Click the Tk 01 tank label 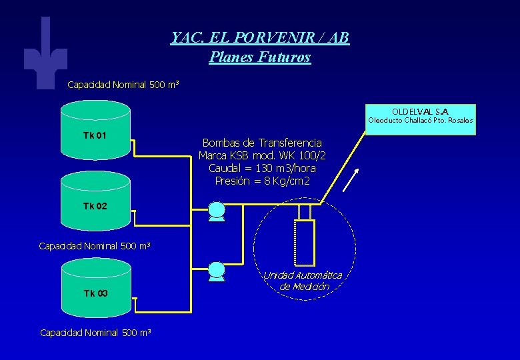pos(95,136)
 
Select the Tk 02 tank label pos(95,206)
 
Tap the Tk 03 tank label pos(95,293)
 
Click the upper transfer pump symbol pos(217,211)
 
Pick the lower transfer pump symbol pos(217,271)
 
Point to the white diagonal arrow pos(353,179)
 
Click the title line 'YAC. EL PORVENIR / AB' pos(260,38)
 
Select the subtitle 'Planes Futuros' pos(260,57)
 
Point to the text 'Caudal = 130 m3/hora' pos(262,168)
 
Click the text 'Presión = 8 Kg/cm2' pos(262,181)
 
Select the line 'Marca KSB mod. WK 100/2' pos(262,155)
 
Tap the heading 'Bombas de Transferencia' pos(262,143)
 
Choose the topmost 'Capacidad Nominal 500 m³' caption pos(123,85)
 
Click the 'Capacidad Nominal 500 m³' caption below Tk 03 pos(96,332)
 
